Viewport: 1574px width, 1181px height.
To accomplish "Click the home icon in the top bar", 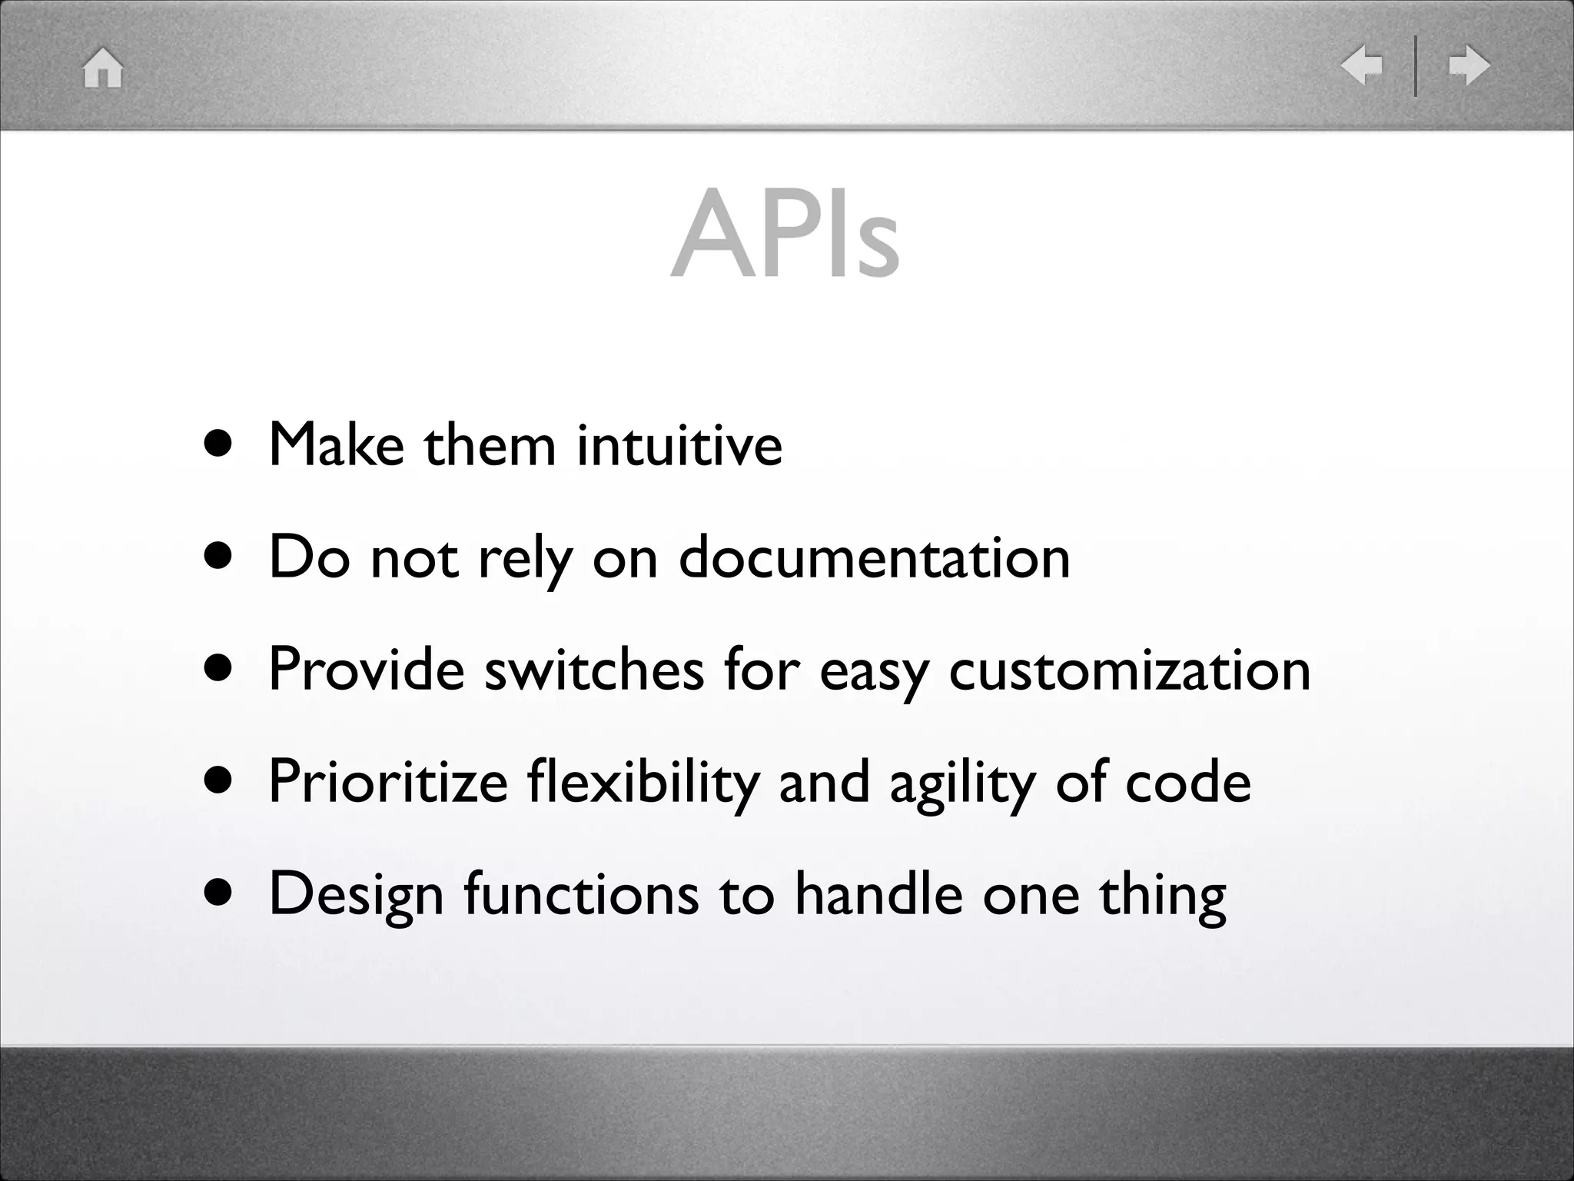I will [103, 68].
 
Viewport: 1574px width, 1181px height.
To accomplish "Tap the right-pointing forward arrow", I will [1469, 65].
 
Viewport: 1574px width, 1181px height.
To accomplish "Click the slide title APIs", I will [785, 233].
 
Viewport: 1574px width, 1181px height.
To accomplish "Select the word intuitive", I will [679, 445].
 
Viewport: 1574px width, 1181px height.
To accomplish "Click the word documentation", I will [874, 557].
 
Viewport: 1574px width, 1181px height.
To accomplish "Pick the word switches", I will [594, 670].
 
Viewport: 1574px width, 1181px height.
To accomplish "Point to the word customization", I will [1130, 670].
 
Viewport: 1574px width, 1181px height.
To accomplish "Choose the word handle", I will [878, 894].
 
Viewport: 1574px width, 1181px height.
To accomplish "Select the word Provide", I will [367, 670].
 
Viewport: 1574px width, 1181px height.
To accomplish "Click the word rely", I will [526, 557].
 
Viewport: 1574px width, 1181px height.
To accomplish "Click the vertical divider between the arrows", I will [1415, 65].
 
